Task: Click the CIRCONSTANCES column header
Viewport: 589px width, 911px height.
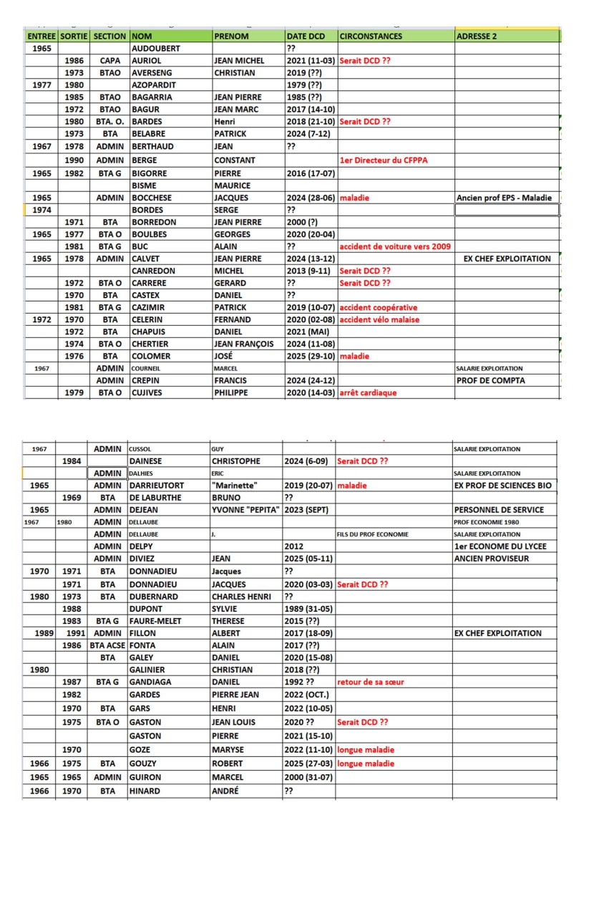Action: [370, 36]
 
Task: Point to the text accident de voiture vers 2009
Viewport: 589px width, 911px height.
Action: [394, 246]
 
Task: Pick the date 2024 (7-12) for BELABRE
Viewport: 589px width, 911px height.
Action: [308, 133]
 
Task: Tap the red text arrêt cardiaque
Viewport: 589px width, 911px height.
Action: [367, 392]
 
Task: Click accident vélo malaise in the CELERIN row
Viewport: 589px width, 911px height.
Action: [379, 319]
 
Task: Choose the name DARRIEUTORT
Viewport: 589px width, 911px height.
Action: [163, 486]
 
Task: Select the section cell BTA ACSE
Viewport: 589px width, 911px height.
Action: [107, 645]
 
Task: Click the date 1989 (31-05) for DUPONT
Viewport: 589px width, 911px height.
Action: [308, 608]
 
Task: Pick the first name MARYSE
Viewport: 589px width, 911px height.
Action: [228, 750]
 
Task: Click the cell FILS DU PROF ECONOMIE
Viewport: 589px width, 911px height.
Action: [369, 534]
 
